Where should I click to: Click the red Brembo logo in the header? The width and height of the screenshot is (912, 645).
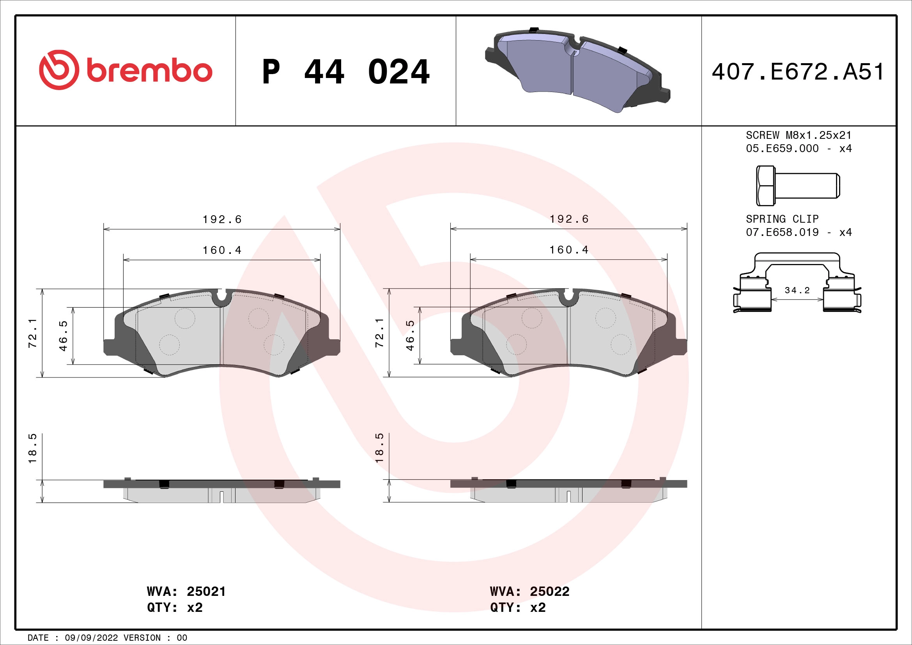point(126,70)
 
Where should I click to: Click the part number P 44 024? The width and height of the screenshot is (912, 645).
point(345,72)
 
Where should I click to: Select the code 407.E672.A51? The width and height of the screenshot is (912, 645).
point(798,72)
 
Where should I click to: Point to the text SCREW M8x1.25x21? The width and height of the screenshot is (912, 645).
point(799,135)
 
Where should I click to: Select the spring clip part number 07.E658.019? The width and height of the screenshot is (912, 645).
point(782,232)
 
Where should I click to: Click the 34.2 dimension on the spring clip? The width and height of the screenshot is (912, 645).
point(797,291)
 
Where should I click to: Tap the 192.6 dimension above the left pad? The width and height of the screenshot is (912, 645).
point(222,220)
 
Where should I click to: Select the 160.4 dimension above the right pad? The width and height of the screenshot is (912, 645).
point(569,250)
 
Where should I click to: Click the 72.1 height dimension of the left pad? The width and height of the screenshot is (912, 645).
point(33,333)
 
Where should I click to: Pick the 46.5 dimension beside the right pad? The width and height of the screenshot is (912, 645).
point(410,336)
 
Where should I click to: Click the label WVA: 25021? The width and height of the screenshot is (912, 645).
point(186,592)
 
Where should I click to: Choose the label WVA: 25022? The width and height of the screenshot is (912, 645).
point(529,592)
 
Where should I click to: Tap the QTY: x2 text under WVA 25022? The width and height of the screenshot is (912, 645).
point(517,608)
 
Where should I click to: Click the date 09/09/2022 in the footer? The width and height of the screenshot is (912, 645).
point(91,638)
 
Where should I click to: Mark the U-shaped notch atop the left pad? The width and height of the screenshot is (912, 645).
point(221,297)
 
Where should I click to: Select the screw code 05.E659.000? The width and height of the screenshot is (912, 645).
point(782,149)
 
